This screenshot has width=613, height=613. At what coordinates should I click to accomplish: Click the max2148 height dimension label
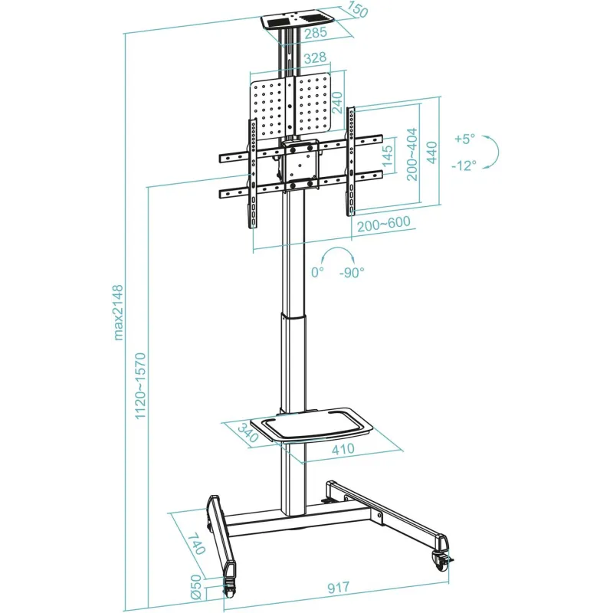[x=119, y=313]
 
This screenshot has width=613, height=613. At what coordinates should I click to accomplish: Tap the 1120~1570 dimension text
[x=140, y=386]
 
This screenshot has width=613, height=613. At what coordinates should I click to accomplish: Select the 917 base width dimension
[x=338, y=588]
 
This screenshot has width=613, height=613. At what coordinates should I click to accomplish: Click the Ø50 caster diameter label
[x=195, y=587]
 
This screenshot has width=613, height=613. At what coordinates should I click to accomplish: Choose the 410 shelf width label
[x=343, y=449]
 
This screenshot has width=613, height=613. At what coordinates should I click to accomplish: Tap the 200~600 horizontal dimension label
[x=384, y=224]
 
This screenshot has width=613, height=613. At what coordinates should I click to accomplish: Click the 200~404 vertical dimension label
[x=411, y=154]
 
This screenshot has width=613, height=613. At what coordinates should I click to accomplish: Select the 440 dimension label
[x=431, y=152]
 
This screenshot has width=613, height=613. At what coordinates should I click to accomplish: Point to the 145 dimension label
[x=388, y=156]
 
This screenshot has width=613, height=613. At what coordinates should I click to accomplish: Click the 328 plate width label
[x=315, y=58]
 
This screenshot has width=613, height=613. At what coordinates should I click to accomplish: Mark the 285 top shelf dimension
[x=316, y=32]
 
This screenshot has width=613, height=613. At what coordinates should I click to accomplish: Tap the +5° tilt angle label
[x=465, y=139]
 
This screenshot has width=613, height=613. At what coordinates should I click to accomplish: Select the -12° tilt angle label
[x=464, y=166]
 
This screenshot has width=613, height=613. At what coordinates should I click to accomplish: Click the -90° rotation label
[x=352, y=273]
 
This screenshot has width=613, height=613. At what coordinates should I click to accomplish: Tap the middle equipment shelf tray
[x=311, y=425]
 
